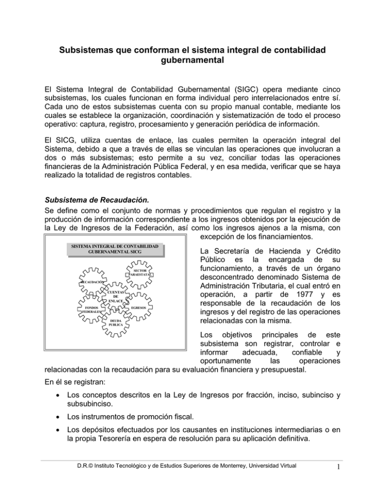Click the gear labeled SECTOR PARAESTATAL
pos(140,272)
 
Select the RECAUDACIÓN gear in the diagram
pos(92,283)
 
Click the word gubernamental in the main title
pos(192,63)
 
